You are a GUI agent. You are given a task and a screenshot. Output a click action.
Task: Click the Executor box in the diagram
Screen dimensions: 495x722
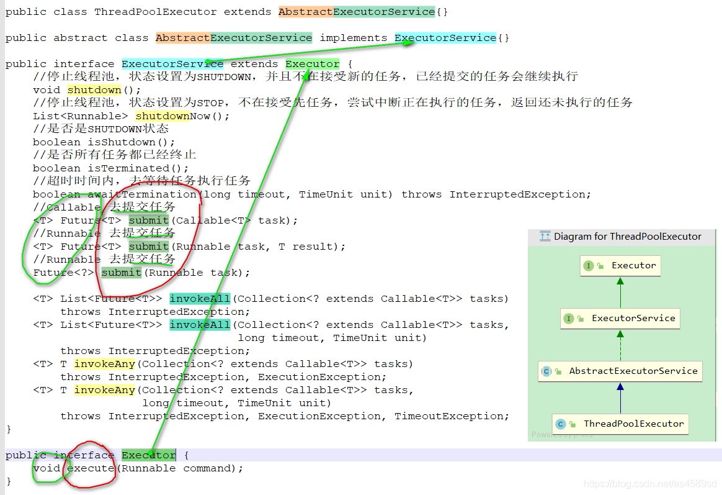(620, 266)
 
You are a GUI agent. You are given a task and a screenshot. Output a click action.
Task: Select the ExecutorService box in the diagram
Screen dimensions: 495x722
(620, 319)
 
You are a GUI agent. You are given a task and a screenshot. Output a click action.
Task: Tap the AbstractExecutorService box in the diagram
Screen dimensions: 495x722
(620, 371)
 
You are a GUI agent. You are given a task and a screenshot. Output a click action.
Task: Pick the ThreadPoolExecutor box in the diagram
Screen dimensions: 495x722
(620, 424)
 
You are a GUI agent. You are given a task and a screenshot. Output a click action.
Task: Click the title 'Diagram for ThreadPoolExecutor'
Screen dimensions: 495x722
(627, 237)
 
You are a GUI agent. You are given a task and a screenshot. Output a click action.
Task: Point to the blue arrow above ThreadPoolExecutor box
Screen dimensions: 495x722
(620, 397)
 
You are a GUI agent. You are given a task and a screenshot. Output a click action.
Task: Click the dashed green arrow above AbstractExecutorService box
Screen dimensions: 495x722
(620, 345)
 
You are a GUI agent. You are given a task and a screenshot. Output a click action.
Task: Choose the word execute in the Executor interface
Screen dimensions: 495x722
(91, 468)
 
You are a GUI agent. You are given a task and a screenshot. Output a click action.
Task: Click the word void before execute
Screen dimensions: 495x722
(47, 468)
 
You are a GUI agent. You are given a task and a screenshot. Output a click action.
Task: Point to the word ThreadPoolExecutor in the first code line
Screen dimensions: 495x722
(155, 12)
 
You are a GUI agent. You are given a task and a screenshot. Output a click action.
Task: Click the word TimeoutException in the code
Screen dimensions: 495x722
(452, 416)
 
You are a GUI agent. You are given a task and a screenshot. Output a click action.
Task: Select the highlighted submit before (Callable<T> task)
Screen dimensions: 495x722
(149, 220)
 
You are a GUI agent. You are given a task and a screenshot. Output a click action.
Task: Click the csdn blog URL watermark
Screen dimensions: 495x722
(650, 484)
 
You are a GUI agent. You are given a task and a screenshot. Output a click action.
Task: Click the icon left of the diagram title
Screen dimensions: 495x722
(545, 237)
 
